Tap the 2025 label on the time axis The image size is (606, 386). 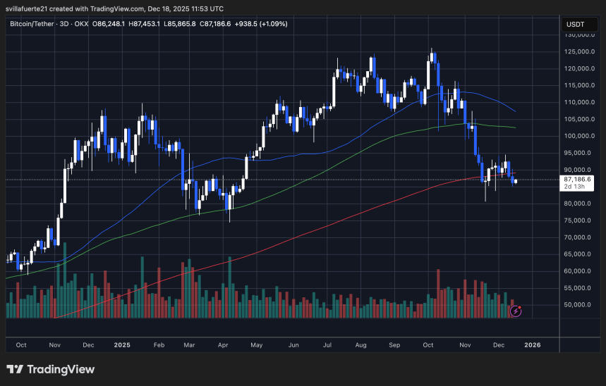pyautogui.click(x=122, y=345)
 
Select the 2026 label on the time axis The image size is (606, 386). pyautogui.click(x=533, y=345)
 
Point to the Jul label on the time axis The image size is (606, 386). pyautogui.click(x=327, y=345)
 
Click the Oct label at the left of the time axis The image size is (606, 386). pyautogui.click(x=21, y=345)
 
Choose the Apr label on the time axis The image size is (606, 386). pyautogui.click(x=224, y=345)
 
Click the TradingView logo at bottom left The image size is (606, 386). pyautogui.click(x=50, y=370)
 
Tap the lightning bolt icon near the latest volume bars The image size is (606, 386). pyautogui.click(x=516, y=309)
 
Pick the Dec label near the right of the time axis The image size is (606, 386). pyautogui.click(x=497, y=345)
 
